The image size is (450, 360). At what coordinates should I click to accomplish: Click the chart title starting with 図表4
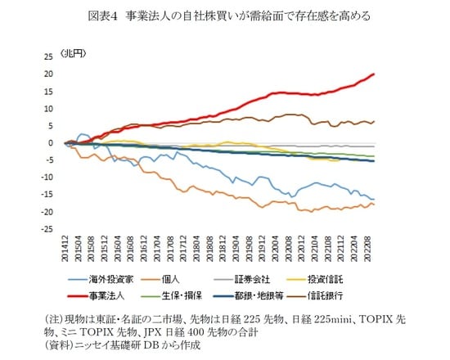(x=225, y=14)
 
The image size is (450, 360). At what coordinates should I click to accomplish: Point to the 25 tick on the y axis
(x=49, y=56)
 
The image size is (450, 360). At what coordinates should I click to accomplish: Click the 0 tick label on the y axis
(x=52, y=142)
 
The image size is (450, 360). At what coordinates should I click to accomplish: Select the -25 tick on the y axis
(x=47, y=229)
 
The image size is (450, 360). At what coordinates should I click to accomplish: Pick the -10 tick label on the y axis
(x=47, y=178)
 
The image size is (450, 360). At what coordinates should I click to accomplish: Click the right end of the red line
(x=375, y=74)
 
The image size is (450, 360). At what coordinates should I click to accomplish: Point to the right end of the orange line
(x=375, y=204)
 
